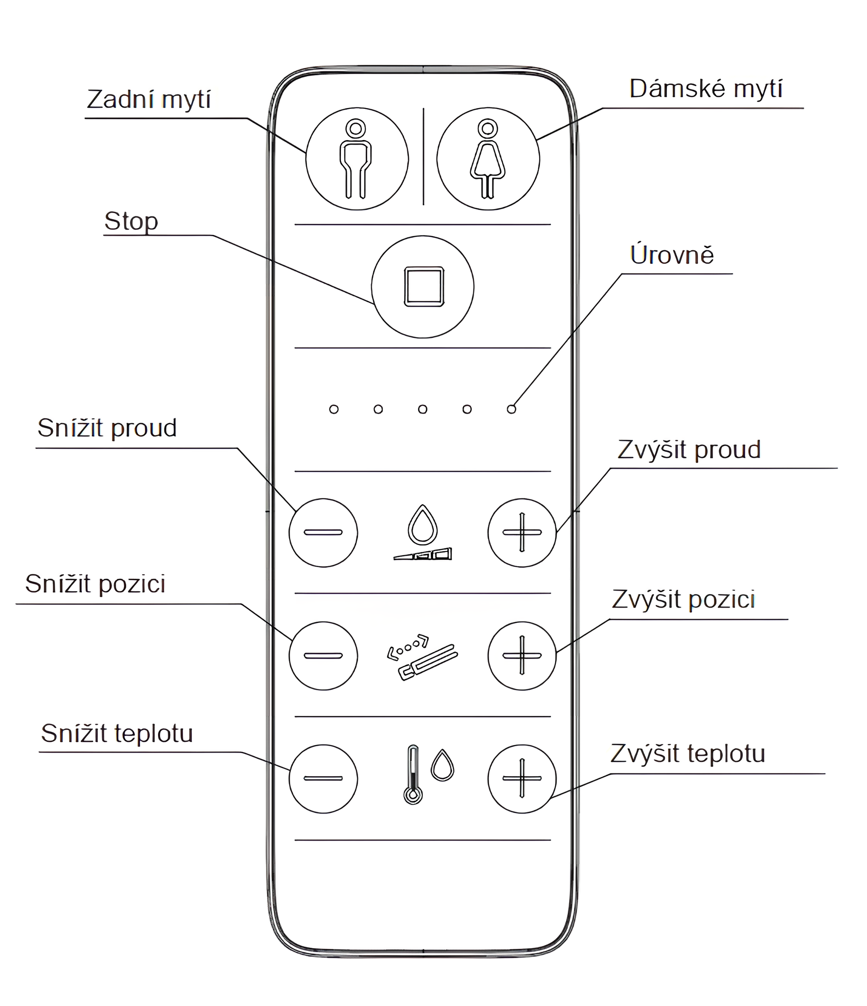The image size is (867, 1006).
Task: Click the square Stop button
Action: click(423, 286)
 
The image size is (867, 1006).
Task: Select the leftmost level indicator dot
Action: click(334, 409)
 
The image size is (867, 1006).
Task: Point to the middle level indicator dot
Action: click(423, 409)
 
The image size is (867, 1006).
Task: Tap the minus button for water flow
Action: click(323, 533)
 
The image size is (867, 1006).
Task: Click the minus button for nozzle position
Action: click(323, 656)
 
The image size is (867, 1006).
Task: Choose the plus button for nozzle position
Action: click(522, 656)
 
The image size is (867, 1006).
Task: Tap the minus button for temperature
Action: click(323, 779)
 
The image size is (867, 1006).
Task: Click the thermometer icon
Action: click(413, 775)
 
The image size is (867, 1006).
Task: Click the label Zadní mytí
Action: click(149, 100)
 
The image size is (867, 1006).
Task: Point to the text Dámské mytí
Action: click(706, 89)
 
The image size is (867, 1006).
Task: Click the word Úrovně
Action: click(672, 255)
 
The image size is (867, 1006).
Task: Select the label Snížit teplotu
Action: click(117, 734)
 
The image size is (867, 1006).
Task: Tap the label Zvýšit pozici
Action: click(684, 600)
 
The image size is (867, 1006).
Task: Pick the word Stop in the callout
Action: click(131, 222)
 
